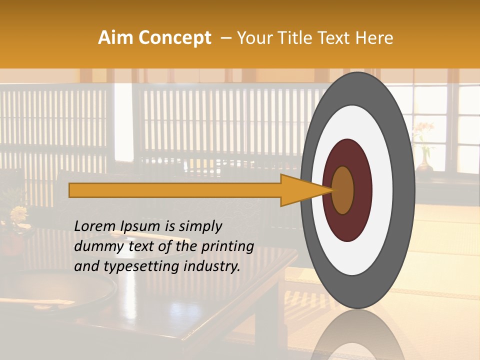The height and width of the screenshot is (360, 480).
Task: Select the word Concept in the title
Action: coord(174,38)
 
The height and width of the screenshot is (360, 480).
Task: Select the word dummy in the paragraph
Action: coord(95,246)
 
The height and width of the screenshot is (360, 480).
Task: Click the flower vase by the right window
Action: coord(424,160)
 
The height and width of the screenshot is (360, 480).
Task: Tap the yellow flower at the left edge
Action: coord(19,214)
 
